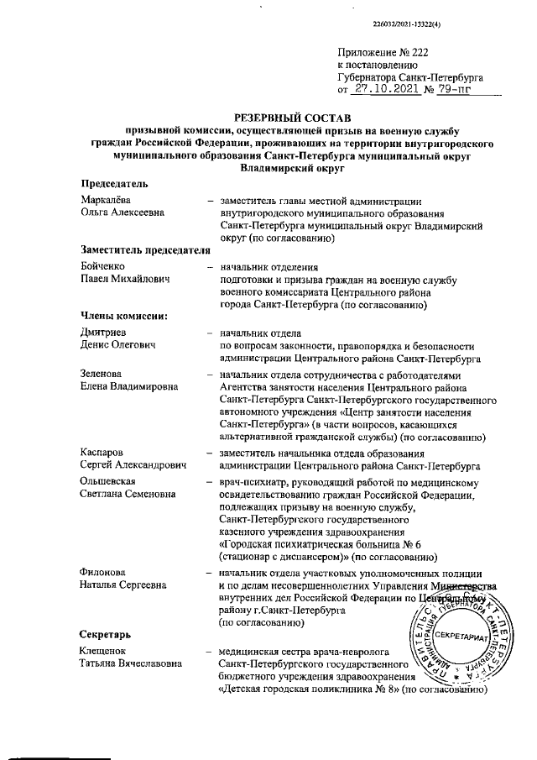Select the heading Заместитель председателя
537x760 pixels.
pos(143,250)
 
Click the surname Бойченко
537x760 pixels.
pos(103,266)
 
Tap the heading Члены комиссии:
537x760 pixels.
pos(123,316)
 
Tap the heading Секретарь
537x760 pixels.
pos(106,633)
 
